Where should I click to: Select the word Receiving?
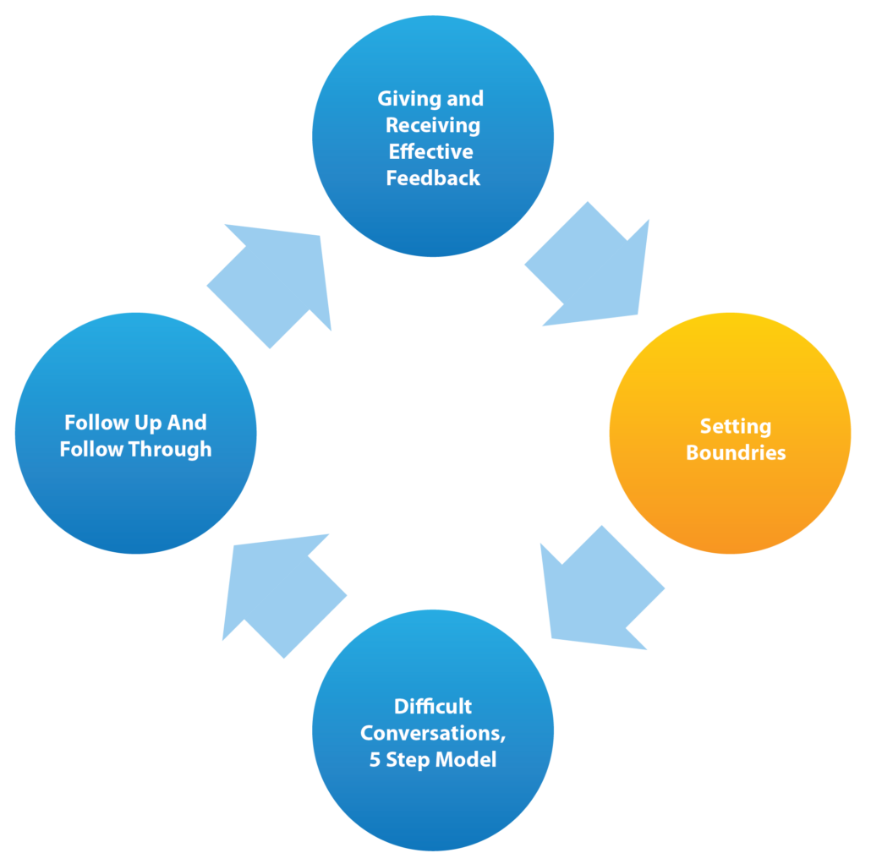pos(433,125)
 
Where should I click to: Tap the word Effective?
pos(431,151)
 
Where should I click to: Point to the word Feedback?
pos(433,178)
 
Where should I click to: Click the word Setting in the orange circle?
pos(735,426)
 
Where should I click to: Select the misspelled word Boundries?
pos(736,452)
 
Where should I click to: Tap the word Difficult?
pos(433,706)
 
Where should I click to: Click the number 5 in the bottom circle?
pos(375,759)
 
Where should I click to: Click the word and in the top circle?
pos(464,99)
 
